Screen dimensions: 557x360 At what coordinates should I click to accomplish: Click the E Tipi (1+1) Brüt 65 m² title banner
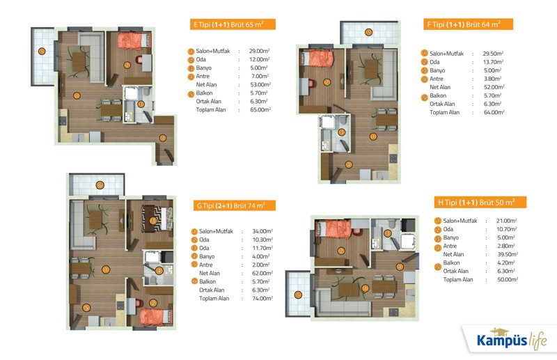[233, 24]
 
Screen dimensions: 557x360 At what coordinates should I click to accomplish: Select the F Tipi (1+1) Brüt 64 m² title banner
[468, 24]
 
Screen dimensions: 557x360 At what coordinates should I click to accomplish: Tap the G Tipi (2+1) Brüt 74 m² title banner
[235, 205]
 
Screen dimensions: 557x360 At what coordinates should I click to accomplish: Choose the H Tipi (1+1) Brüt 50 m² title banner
[480, 202]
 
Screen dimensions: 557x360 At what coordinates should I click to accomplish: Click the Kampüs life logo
[512, 339]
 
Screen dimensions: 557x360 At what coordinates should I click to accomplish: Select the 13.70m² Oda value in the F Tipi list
[493, 62]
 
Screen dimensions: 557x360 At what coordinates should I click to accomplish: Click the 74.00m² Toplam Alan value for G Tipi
[262, 299]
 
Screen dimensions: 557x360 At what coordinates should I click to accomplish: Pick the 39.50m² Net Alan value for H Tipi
[508, 254]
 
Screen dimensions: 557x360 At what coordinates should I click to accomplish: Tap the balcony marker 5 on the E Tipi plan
[42, 51]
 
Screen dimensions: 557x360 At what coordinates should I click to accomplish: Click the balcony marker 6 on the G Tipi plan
[100, 185]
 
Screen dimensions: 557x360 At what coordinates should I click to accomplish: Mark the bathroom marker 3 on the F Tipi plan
[341, 132]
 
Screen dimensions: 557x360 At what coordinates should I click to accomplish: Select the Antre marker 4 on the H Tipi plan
[400, 267]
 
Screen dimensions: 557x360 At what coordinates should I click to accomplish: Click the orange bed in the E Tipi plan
[132, 41]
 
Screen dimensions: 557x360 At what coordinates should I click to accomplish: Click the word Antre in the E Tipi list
[203, 76]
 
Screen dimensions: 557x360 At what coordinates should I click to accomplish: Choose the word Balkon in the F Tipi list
[438, 95]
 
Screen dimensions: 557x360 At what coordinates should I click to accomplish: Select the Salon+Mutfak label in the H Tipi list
[460, 221]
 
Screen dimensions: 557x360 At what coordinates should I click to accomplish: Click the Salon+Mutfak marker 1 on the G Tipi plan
[106, 269]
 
